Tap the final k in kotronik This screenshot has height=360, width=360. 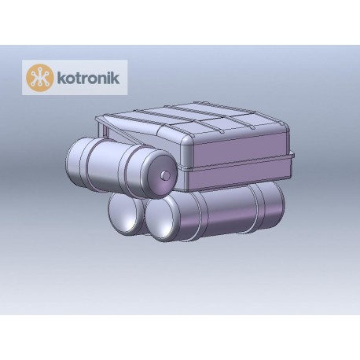click(108, 78)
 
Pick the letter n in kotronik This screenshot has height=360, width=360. click(95, 79)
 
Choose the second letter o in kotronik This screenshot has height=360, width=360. click(86, 79)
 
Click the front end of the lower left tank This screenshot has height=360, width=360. click(123, 213)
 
